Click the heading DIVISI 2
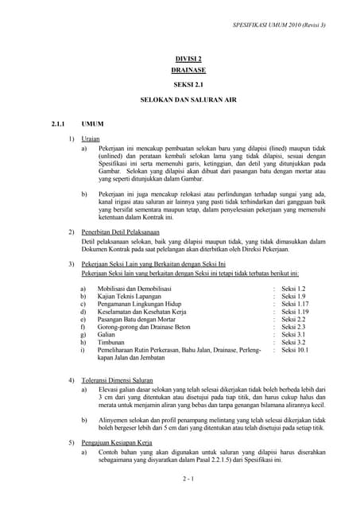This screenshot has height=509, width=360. pyautogui.click(x=188, y=59)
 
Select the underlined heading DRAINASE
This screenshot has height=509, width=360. pyautogui.click(x=188, y=70)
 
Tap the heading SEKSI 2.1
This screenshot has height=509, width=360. pyautogui.click(x=188, y=84)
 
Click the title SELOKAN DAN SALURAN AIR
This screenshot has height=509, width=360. pyautogui.click(x=188, y=103)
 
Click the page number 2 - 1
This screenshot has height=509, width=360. pyautogui.click(x=188, y=479)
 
